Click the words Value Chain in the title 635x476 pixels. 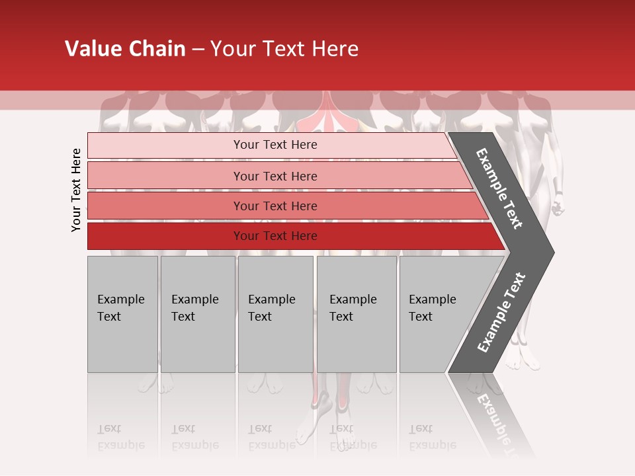[125, 49]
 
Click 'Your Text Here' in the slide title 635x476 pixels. [284, 49]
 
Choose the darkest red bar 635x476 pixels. [165, 236]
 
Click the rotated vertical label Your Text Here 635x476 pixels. [76, 190]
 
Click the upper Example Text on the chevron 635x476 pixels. [499, 188]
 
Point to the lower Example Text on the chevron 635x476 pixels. [501, 313]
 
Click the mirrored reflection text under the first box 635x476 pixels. [120, 437]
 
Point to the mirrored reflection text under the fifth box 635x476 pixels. [432, 437]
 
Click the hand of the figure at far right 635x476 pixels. [558, 206]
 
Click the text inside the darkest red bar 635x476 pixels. [275, 236]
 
